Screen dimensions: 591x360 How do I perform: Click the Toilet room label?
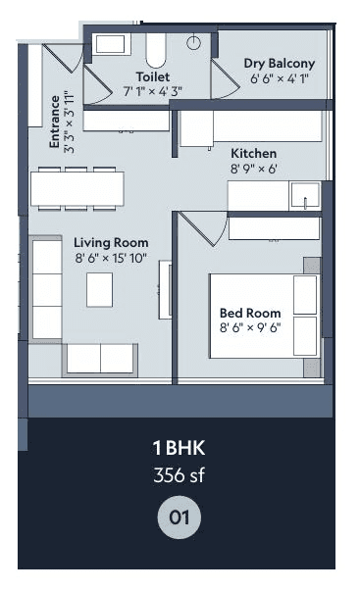point(153,75)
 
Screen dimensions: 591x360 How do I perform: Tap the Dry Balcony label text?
point(280,65)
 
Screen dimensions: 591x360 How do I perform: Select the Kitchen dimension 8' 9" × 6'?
point(254,169)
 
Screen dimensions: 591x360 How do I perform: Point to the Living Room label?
point(111,243)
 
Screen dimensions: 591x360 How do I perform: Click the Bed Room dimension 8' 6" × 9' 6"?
point(249,327)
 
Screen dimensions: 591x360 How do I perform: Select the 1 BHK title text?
point(179,449)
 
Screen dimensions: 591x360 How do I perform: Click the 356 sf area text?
point(179,477)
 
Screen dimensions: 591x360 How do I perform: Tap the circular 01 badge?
point(179,516)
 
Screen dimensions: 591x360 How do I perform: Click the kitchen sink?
point(305,196)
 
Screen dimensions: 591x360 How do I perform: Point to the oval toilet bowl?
point(157,49)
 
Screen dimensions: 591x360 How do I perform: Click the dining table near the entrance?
point(77,186)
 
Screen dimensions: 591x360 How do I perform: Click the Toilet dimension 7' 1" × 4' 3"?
point(153,90)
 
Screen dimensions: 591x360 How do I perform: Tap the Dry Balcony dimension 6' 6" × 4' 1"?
point(280,79)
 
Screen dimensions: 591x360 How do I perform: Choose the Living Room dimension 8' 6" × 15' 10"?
point(111,259)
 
